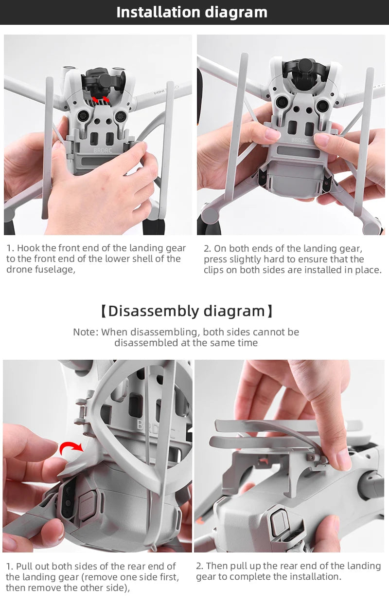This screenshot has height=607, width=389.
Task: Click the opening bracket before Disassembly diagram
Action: (x=103, y=311)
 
